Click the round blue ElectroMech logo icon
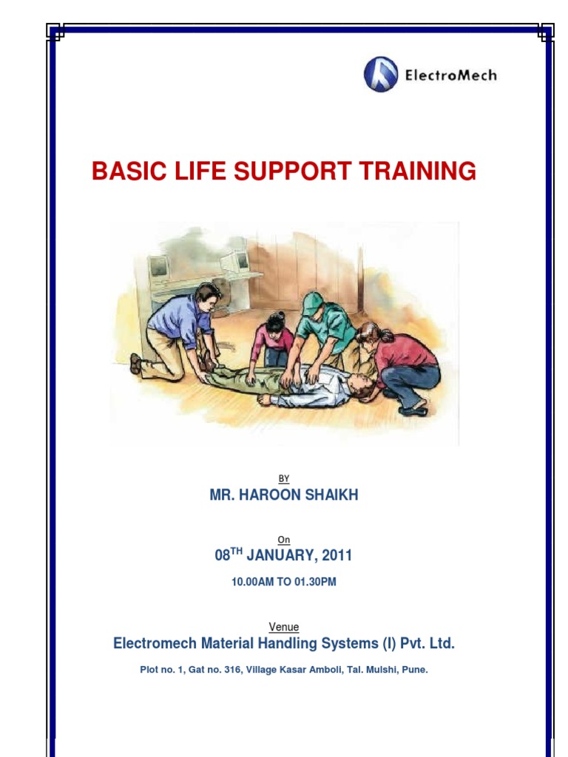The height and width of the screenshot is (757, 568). [381, 75]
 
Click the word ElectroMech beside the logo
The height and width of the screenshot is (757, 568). [450, 75]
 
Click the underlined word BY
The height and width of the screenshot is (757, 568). [284, 479]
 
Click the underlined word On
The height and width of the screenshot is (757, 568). [284, 540]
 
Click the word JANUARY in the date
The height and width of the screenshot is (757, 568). [280, 556]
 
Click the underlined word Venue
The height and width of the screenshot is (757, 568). [284, 628]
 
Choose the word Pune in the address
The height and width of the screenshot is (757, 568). [415, 670]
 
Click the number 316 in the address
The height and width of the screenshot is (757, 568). [234, 670]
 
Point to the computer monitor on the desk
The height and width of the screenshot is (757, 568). [158, 267]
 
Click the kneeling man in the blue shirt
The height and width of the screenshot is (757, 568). [177, 325]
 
